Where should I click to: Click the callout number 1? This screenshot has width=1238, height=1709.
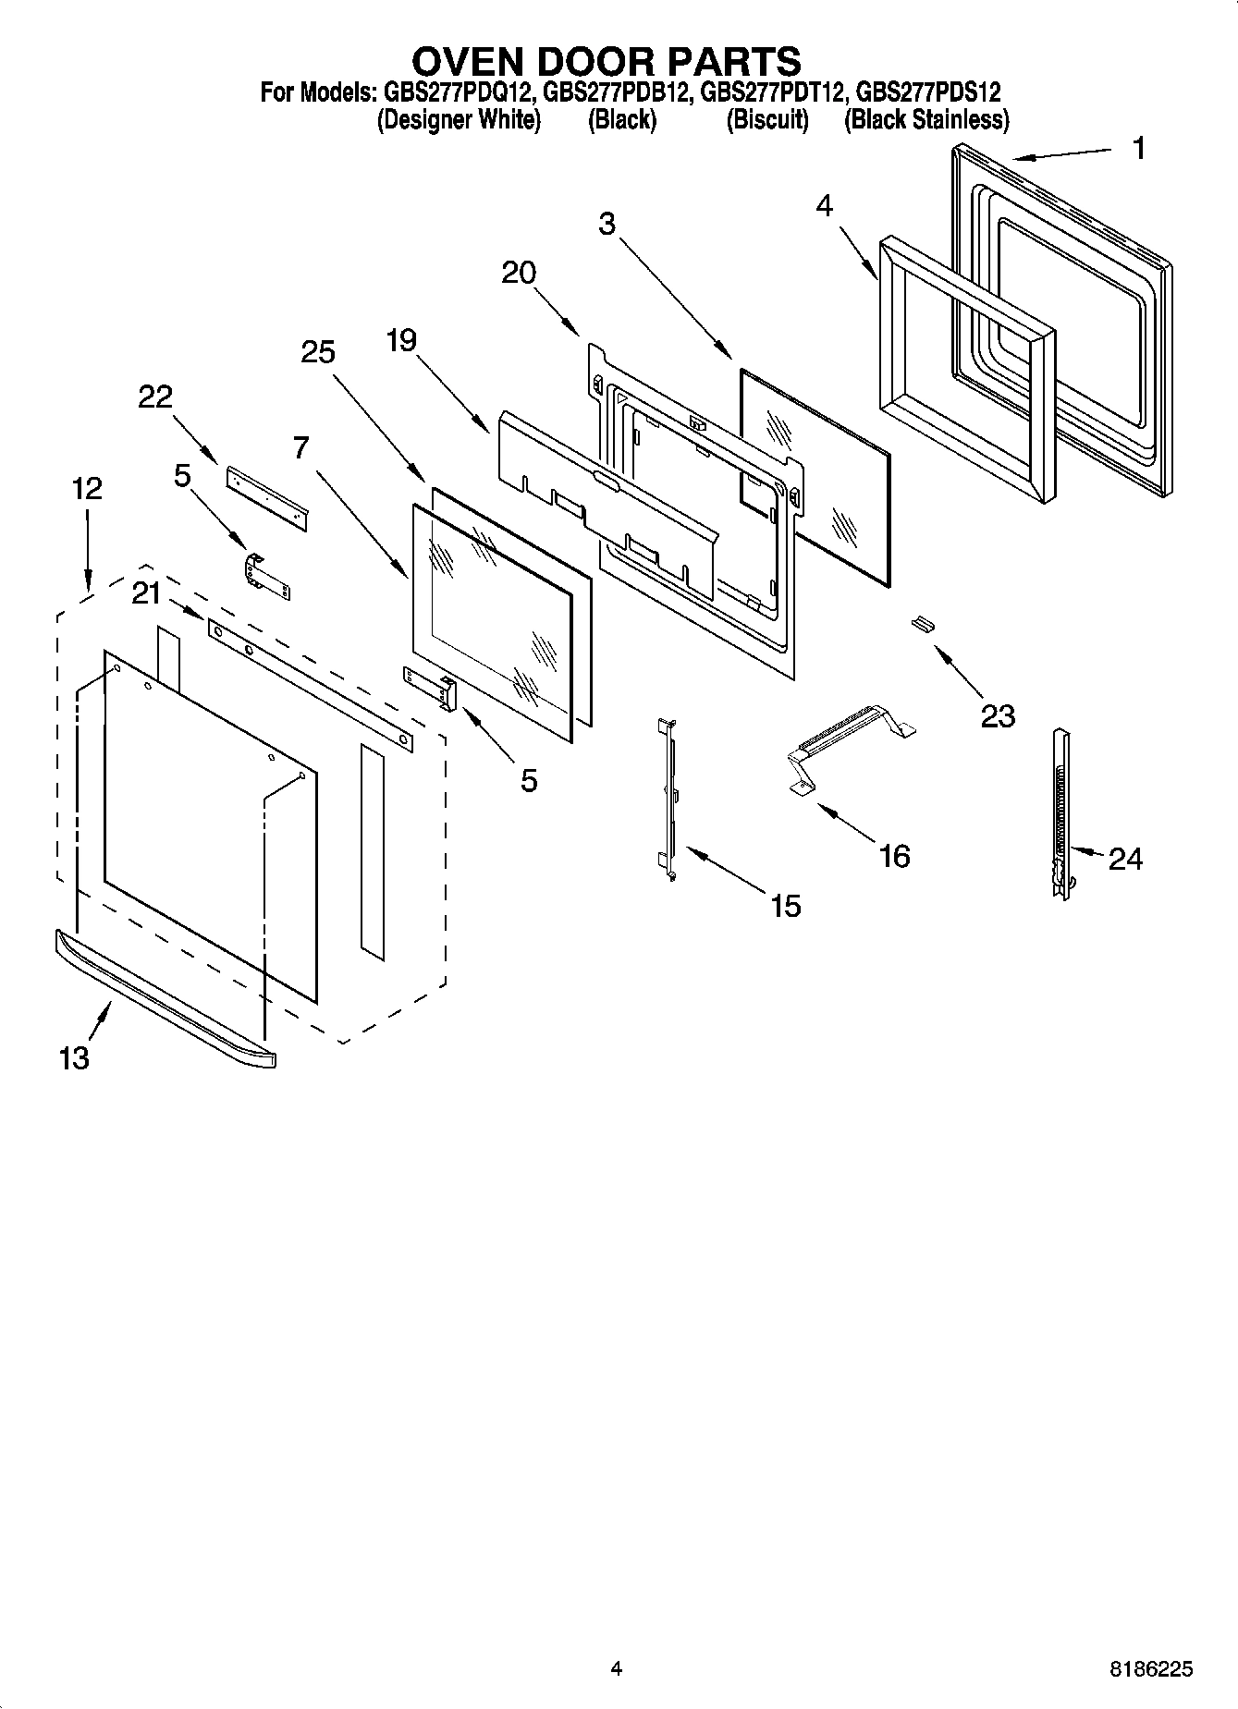[x=1139, y=148]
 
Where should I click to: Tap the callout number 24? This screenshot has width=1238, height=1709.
[x=1124, y=859]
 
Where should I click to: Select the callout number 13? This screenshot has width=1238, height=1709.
[x=74, y=1057]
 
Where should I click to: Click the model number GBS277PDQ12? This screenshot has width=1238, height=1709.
[x=456, y=92]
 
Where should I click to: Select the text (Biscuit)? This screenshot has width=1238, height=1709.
[x=766, y=120]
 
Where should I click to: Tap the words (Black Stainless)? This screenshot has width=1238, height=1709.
[x=925, y=120]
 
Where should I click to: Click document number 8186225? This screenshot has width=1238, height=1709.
[x=1151, y=1669]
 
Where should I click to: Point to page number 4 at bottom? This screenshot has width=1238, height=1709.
[x=617, y=1669]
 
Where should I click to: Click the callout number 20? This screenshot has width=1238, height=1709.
[x=519, y=273]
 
